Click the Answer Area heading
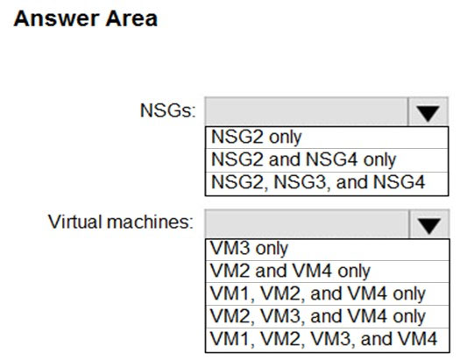click(85, 18)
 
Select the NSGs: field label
click(167, 110)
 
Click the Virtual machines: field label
click(121, 222)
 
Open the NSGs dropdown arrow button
click(428, 112)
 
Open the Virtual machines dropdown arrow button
click(429, 224)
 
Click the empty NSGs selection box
click(307, 112)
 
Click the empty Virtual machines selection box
click(307, 224)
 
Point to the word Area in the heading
click(131, 18)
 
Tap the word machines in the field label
click(150, 222)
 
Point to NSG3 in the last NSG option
click(300, 182)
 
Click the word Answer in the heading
click(56, 18)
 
